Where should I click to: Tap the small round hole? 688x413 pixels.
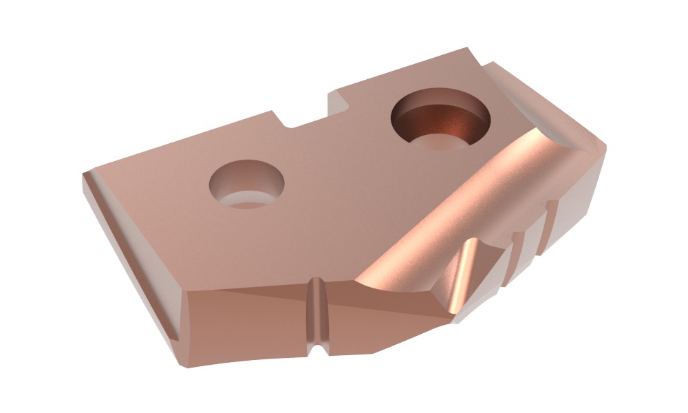click(x=246, y=183)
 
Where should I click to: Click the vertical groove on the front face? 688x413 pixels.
click(x=316, y=317)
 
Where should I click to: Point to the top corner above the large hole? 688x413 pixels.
click(x=468, y=49)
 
